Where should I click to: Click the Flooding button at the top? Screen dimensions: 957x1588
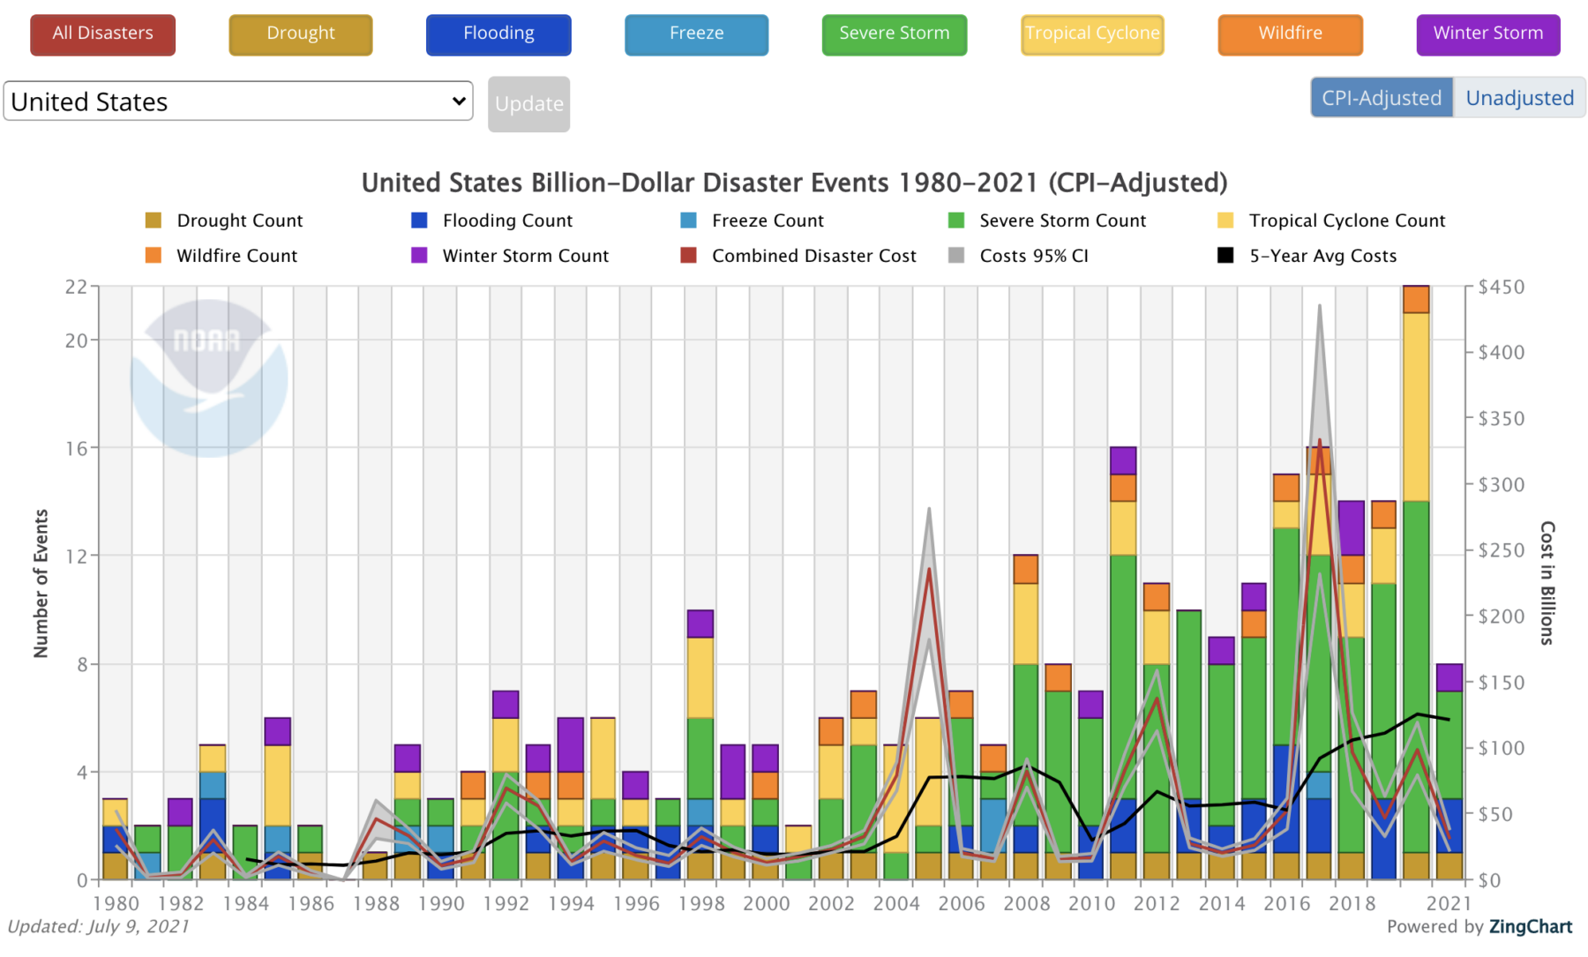pos(498,34)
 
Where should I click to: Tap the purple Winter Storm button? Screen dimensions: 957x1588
pos(1487,34)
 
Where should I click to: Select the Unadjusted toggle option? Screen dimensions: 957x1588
pos(1519,98)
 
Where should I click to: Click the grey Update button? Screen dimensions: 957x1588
pos(528,104)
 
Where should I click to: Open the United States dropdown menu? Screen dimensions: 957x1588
pos(238,101)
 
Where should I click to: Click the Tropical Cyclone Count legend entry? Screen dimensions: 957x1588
pos(1345,221)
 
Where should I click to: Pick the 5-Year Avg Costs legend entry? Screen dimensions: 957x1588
pos(1322,256)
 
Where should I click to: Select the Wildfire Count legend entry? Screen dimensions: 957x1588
pos(236,256)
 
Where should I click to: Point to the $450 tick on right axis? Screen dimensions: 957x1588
pos(1501,287)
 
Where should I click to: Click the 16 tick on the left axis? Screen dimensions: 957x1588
pos(77,448)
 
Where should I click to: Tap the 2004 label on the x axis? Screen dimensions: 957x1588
pos(896,903)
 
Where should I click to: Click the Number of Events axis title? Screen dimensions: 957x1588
pos(41,583)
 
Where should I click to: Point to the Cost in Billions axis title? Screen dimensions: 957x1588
pos(1547,583)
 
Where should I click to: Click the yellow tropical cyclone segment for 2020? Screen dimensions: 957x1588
pos(1416,406)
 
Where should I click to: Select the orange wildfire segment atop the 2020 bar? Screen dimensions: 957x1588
pos(1416,299)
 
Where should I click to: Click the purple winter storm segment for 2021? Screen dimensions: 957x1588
pos(1449,677)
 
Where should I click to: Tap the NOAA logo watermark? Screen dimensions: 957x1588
pos(208,378)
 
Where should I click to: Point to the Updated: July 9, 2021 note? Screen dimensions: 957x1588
pos(98,926)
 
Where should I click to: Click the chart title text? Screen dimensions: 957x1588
pos(794,183)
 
